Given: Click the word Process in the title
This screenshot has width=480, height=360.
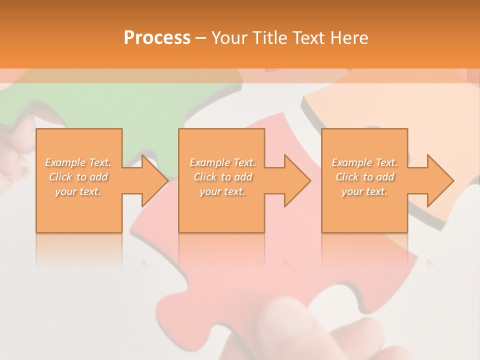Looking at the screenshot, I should coord(157,38).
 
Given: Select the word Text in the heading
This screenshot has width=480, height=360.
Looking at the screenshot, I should coord(308,38).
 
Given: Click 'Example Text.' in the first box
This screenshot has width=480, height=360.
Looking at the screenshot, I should coord(78,162).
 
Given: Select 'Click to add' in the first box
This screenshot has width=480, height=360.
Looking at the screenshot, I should coord(78,177).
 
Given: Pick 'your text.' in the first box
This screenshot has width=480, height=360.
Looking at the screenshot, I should coord(78,191).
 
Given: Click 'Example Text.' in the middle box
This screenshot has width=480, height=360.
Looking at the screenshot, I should coord(222,162).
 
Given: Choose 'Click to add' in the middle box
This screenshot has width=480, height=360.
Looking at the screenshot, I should coord(222,177).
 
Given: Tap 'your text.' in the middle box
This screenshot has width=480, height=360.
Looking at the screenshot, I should coord(222,191).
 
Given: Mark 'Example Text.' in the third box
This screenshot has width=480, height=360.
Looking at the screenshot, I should coord(364,162).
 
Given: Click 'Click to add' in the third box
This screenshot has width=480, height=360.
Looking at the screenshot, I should coord(364,177).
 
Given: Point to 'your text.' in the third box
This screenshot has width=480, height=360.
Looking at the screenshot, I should coord(364,191).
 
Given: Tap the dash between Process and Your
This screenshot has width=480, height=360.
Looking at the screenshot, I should coord(200,38).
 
